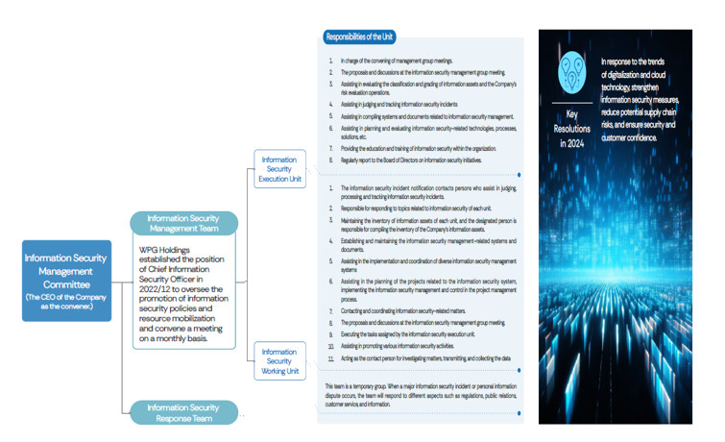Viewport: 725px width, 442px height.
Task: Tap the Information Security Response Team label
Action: [183, 411]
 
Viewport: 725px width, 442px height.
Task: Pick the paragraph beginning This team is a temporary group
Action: [419, 394]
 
